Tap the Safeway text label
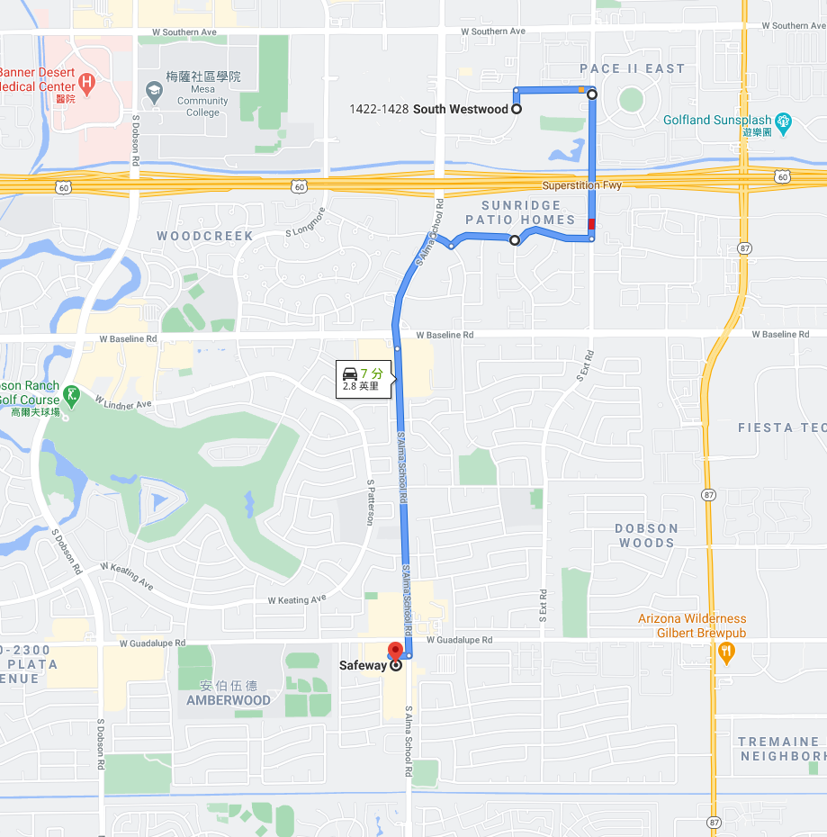click(363, 666)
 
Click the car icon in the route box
click(349, 373)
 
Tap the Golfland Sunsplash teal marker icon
click(783, 121)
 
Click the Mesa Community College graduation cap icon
click(153, 91)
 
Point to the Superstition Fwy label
click(581, 185)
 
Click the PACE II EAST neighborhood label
click(632, 68)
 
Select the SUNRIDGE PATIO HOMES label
click(520, 212)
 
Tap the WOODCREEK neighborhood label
click(205, 236)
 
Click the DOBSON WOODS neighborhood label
click(647, 535)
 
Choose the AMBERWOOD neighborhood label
click(229, 699)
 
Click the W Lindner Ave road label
click(124, 403)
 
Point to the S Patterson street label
click(369, 501)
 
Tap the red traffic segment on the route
click(591, 224)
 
